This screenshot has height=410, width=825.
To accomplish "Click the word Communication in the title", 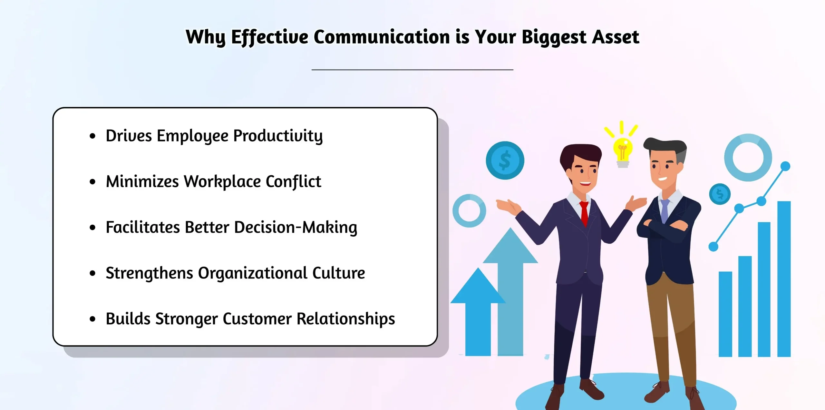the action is (381, 37).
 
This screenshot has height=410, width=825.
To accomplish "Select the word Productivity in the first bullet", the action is (278, 136).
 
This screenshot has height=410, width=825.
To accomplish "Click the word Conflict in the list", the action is (293, 181).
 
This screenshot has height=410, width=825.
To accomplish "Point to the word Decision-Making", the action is (296, 228).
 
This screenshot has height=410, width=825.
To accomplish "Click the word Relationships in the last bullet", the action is (346, 319).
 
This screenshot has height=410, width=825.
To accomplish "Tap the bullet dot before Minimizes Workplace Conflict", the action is (92, 182).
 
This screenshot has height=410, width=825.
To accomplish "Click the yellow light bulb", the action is (623, 152).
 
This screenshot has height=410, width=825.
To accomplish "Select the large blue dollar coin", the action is (505, 161).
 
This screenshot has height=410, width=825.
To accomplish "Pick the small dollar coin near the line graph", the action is (720, 194).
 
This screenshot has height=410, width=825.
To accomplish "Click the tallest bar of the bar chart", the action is (784, 279).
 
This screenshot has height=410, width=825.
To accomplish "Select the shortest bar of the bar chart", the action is (725, 314).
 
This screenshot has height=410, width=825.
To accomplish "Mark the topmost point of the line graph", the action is (785, 166).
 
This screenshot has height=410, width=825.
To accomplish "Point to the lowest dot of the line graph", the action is (713, 247).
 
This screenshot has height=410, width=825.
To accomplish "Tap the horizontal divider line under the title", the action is (412, 69).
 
